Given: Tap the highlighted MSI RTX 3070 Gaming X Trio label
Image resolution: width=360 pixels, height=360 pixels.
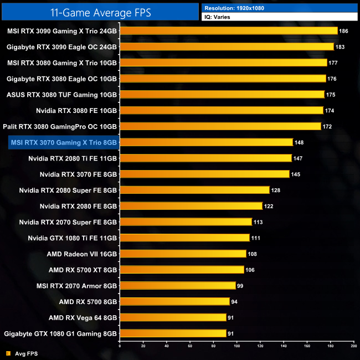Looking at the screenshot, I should [x=63, y=142].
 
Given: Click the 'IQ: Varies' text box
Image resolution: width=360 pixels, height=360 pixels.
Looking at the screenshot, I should [x=280, y=17].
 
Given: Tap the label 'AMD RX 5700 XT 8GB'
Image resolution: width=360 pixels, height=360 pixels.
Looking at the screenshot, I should [x=83, y=270].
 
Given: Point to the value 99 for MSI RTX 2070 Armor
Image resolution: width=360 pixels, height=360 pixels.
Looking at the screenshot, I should [x=240, y=286].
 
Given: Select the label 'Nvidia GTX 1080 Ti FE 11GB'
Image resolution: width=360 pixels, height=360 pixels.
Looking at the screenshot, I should [x=73, y=238].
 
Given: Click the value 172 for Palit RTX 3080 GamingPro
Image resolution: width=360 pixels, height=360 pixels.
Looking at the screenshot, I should [x=328, y=127].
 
